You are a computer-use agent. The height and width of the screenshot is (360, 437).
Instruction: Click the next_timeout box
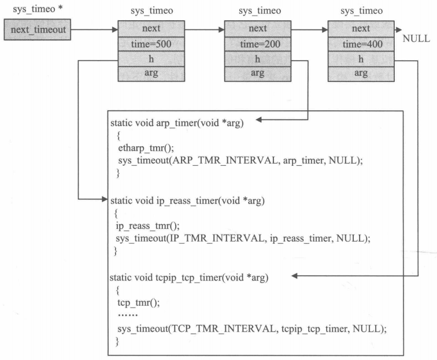click(x=37, y=29)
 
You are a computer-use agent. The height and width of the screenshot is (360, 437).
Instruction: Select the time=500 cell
click(x=151, y=44)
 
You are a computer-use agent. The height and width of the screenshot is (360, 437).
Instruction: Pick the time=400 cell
click(x=361, y=44)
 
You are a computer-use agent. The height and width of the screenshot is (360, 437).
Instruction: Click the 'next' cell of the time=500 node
click(x=151, y=28)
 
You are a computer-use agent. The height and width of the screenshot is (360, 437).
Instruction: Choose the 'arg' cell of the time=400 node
click(x=361, y=74)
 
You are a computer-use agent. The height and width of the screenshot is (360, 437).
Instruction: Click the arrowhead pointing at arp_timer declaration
click(x=260, y=121)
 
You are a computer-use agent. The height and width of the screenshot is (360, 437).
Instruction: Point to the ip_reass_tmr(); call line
click(x=143, y=226)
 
